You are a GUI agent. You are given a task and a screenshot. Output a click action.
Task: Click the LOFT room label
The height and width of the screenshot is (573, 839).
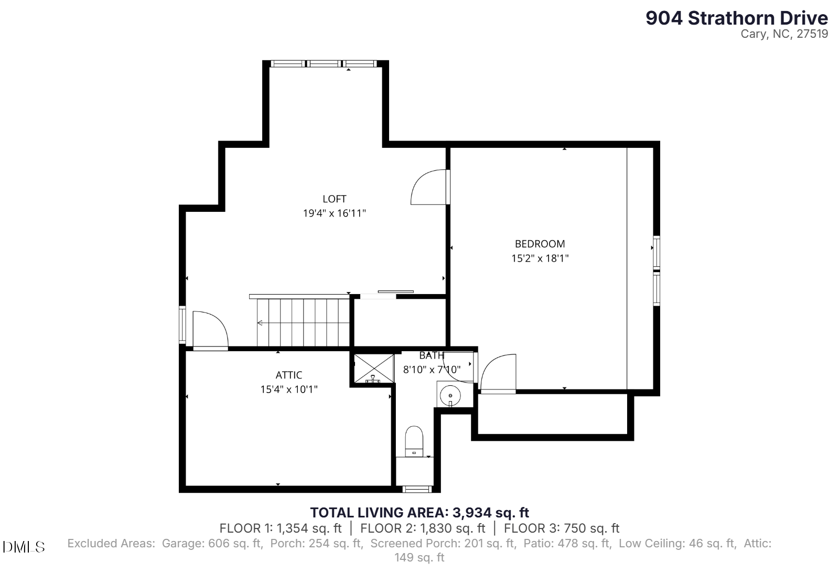pos(334,199)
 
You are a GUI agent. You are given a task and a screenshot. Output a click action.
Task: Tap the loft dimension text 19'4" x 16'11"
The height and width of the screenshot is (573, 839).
pos(334,213)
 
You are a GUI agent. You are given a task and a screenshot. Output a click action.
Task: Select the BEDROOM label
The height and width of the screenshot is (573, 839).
pos(540,244)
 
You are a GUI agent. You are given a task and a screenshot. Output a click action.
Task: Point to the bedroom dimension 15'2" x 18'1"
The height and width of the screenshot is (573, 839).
pos(540,258)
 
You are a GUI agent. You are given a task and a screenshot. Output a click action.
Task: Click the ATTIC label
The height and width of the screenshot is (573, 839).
pos(289,375)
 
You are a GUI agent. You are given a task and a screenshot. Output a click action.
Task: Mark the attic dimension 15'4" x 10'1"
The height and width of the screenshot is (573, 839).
pos(289,390)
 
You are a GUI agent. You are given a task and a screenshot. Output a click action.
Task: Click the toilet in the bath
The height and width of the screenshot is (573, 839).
pos(414,441)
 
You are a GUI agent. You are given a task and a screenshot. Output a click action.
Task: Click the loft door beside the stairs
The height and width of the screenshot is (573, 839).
pos(209,330)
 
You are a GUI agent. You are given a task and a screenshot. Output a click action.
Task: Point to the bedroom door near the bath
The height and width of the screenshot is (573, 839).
pos(498,373)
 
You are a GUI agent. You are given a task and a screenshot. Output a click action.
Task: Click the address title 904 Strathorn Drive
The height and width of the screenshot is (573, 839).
pos(736,18)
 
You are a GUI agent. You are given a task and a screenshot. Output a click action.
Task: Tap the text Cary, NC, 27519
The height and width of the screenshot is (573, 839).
pos(784,34)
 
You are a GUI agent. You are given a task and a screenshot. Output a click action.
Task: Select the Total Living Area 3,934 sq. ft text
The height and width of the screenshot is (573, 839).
pos(419,513)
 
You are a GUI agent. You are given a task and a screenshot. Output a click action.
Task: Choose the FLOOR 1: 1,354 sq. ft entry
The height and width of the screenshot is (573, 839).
pos(280,528)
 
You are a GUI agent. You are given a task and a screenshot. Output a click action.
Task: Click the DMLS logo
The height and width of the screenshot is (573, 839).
pos(24,547)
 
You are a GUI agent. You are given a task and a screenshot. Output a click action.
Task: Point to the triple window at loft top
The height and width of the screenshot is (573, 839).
pos(324,64)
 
